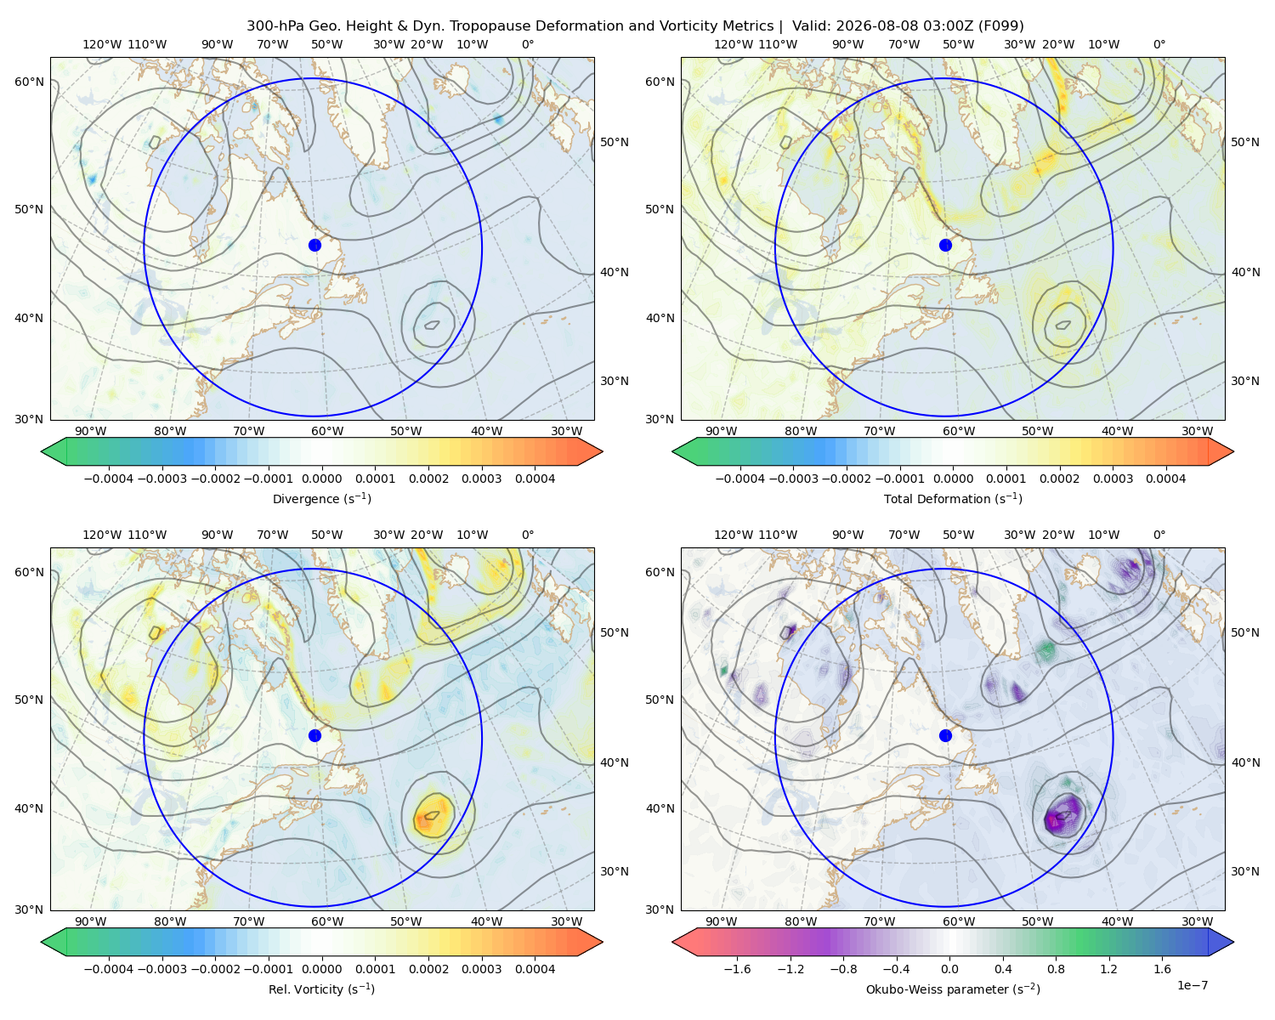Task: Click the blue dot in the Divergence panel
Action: (x=314, y=245)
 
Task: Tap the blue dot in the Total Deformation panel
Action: (x=945, y=245)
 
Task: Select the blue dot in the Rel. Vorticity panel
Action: (x=314, y=735)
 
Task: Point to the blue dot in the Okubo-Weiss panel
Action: (x=945, y=735)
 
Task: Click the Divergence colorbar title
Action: (x=321, y=498)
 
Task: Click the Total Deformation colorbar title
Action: (x=953, y=498)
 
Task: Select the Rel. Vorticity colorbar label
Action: (x=321, y=989)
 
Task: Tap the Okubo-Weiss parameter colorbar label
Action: (x=953, y=989)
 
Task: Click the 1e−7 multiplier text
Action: (x=1192, y=985)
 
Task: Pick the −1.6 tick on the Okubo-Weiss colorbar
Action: (x=737, y=969)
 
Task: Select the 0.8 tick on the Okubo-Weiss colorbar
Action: (x=1056, y=969)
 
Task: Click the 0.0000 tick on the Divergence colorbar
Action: (x=321, y=479)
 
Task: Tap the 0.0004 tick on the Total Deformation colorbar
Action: (x=1165, y=479)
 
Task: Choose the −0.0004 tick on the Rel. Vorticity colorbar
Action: (x=109, y=969)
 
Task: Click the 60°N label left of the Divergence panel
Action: (x=29, y=82)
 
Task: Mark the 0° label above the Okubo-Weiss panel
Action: (x=1159, y=535)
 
